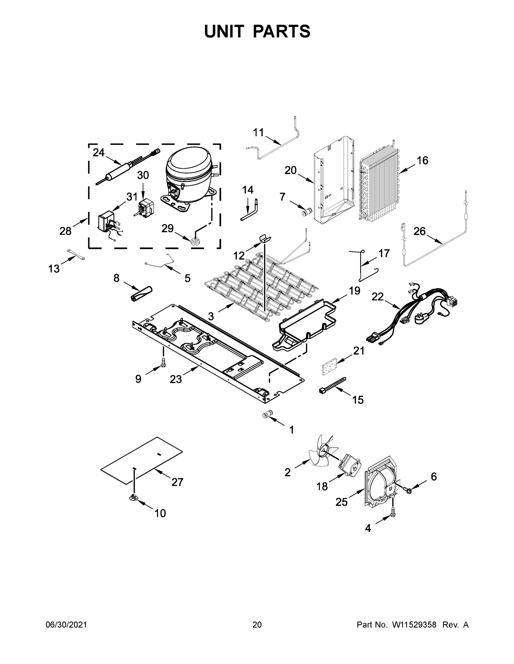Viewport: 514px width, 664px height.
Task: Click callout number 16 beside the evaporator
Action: coord(423,160)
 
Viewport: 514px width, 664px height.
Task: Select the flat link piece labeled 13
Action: coord(76,255)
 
